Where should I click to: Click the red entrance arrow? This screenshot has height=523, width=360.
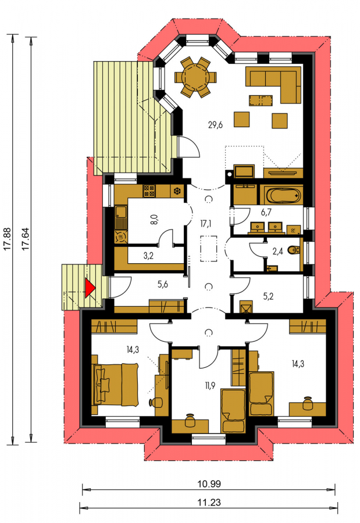90,288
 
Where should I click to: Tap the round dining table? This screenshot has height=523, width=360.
195,77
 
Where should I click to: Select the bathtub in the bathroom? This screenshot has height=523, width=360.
283,195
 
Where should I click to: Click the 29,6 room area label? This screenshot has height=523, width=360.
215,125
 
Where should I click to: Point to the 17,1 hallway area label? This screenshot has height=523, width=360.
206,224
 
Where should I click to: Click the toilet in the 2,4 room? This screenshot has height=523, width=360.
294,250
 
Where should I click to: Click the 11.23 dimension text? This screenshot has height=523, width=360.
209,502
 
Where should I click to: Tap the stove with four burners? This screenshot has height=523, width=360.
149,191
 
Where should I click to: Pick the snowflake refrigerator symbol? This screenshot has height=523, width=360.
177,191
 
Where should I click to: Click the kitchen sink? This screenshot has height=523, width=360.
120,217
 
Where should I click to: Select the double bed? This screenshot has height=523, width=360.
116,385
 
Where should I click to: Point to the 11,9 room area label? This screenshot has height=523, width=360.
210,386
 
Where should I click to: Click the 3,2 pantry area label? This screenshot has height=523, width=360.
149,256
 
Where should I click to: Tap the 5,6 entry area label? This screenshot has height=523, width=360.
163,284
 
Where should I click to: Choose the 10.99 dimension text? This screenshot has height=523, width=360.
209,484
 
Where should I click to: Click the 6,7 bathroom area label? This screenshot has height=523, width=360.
266,212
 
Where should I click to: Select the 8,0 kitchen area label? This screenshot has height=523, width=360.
153,220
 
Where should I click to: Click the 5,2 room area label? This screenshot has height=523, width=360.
268,296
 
